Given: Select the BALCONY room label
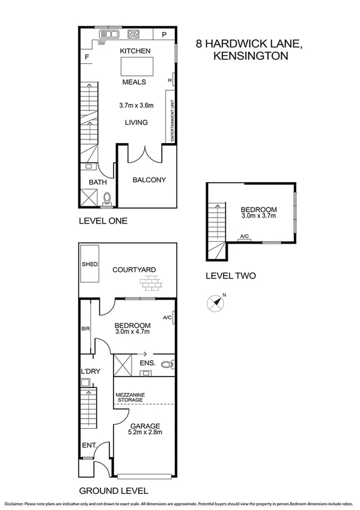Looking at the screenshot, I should (148, 180).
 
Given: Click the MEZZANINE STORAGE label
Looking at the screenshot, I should (129, 397).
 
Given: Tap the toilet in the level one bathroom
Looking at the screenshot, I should (108, 198).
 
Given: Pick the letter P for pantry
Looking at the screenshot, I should (163, 34).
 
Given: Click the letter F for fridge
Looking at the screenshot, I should (87, 58).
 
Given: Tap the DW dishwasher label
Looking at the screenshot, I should (102, 43).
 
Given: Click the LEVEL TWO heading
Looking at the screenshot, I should (231, 276).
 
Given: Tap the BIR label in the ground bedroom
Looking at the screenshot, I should (85, 329).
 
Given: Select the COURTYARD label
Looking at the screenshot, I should (134, 269).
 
